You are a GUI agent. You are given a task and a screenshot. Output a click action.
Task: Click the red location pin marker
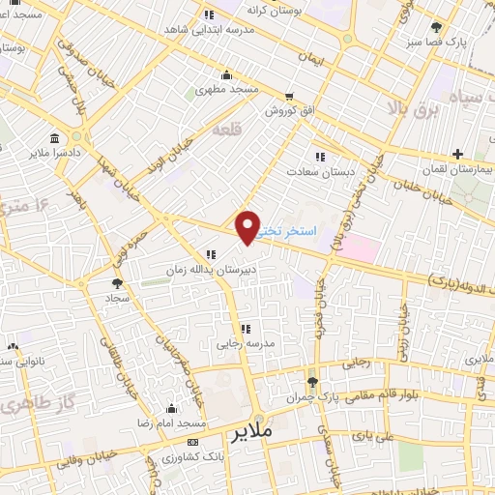click(x=248, y=226)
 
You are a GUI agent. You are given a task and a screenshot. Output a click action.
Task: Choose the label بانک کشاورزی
click(x=189, y=455)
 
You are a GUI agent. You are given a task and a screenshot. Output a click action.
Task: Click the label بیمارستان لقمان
click(x=457, y=168)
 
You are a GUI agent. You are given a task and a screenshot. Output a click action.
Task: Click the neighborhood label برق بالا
click(x=412, y=105)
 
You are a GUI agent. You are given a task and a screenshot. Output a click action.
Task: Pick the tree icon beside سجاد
click(x=117, y=283)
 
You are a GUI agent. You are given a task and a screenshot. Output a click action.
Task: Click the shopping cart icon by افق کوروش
click(x=290, y=97)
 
